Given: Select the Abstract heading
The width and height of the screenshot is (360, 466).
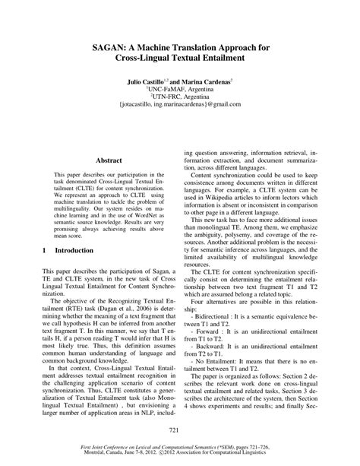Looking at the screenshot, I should pos(109,161).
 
